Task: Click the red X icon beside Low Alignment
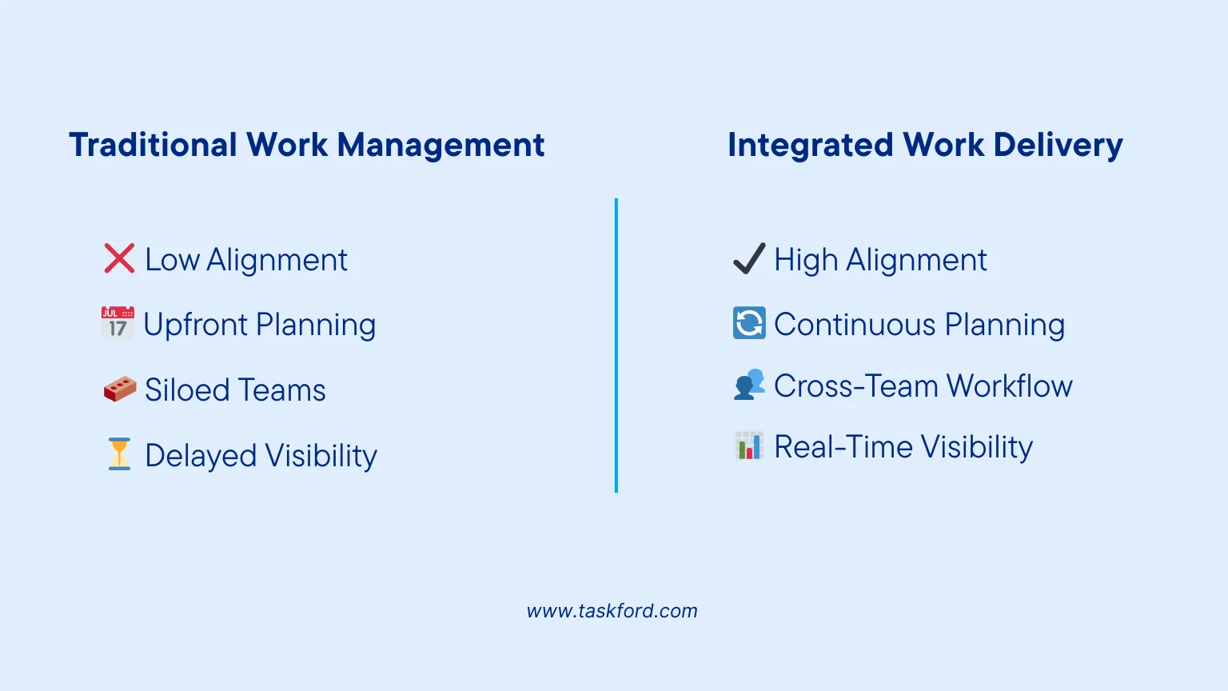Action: (119, 258)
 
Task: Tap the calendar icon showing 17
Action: (118, 322)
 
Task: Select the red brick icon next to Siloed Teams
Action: (120, 389)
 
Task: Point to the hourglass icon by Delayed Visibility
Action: (119, 453)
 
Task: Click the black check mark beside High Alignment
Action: (749, 259)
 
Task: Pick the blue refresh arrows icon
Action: (749, 323)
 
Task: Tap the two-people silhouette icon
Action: (749, 385)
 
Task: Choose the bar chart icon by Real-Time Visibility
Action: (749, 446)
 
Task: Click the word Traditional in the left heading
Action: (153, 146)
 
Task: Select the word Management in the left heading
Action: (441, 146)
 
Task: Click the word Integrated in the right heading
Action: (810, 146)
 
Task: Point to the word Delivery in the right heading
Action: (1058, 146)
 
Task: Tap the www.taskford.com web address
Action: (612, 611)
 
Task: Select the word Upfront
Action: (196, 325)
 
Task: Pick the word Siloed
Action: (187, 390)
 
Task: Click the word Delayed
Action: (201, 456)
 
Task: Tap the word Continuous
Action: (854, 325)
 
